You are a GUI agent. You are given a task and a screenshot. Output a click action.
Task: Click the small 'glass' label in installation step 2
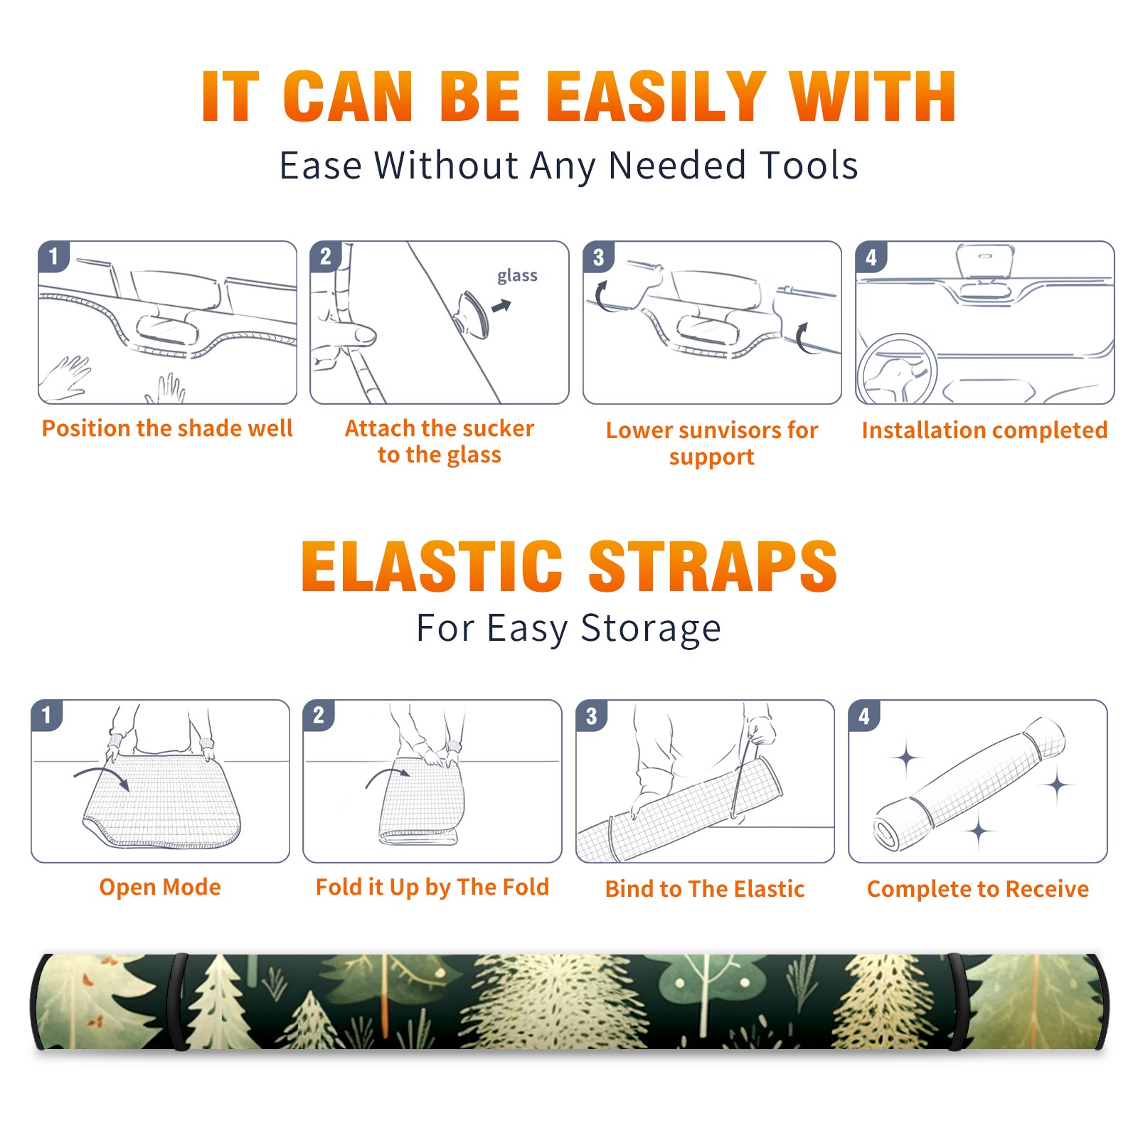(x=517, y=276)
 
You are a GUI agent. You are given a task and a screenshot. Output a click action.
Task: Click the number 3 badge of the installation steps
(x=598, y=257)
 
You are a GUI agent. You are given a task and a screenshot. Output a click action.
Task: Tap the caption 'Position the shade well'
(x=167, y=428)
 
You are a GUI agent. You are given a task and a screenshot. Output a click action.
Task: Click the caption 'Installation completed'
(x=984, y=430)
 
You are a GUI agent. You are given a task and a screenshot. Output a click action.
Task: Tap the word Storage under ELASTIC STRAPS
(x=651, y=629)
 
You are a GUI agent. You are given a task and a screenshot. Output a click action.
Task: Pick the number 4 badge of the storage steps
(x=864, y=716)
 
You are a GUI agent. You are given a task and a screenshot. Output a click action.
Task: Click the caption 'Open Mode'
(x=160, y=887)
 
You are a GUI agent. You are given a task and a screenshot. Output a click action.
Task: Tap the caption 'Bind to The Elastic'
(x=705, y=888)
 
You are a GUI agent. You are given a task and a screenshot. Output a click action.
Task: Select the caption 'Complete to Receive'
(x=978, y=888)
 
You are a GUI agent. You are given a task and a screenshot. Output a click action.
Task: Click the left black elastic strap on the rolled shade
(x=177, y=1001)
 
